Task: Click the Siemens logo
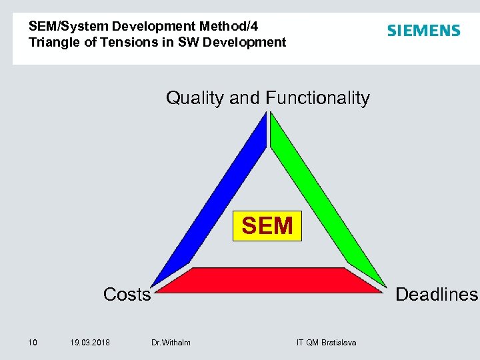[x=423, y=31]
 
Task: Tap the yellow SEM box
[x=267, y=226]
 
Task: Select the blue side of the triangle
[x=210, y=200]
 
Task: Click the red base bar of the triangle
[x=269, y=280]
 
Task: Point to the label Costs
[x=127, y=295]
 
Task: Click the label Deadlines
[x=437, y=295]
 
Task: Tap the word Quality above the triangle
[x=195, y=99]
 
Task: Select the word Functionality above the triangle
[x=317, y=99]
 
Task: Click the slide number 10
[x=32, y=343]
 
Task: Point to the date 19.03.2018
[x=90, y=343]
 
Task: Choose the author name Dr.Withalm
[x=171, y=343]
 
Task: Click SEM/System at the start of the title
[x=68, y=27]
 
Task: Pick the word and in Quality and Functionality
[x=245, y=99]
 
